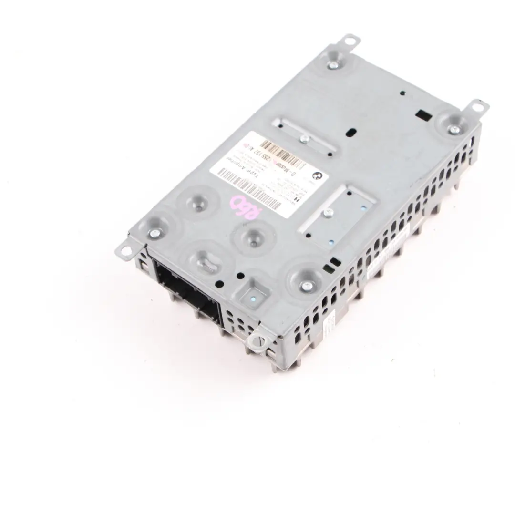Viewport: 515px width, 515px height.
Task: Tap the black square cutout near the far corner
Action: coord(422,114)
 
